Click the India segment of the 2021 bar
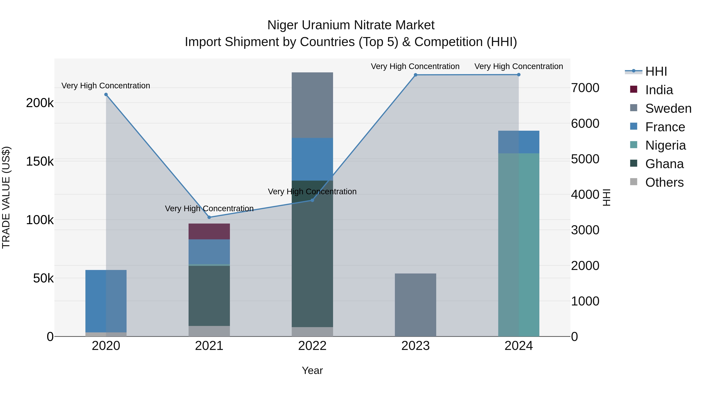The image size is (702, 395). (209, 231)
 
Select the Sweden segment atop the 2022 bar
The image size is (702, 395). (312, 105)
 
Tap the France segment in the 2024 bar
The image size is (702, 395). (519, 142)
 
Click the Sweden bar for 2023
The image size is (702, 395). (415, 305)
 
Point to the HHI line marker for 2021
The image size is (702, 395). (209, 217)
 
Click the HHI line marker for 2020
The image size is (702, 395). (106, 95)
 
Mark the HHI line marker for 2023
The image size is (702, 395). (415, 75)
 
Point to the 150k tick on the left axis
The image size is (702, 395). (40, 161)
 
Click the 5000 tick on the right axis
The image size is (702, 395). (585, 159)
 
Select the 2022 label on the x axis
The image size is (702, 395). (312, 346)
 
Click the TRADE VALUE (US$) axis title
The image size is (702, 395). (6, 197)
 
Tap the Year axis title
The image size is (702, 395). (312, 370)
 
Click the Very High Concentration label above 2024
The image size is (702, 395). (519, 66)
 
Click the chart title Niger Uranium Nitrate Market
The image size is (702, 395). (351, 25)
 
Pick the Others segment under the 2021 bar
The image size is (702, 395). (209, 331)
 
